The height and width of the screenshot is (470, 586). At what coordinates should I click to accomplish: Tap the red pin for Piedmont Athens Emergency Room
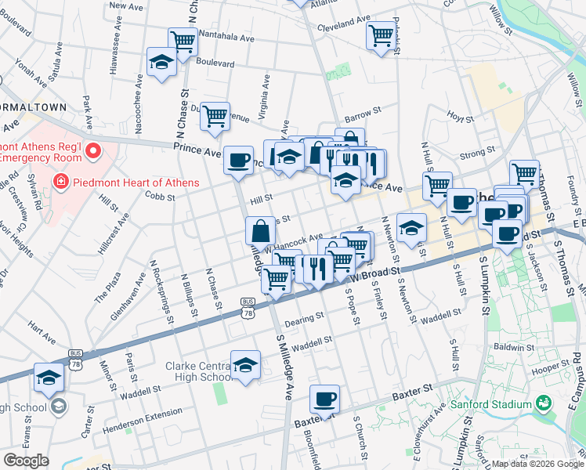click(x=93, y=150)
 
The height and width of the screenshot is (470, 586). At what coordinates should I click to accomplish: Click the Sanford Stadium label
click(x=490, y=405)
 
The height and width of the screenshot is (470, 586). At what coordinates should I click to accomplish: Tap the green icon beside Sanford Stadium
click(x=543, y=404)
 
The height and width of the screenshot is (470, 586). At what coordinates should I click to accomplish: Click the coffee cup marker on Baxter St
click(x=324, y=399)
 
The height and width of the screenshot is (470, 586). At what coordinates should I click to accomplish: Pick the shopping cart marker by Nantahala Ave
click(x=183, y=41)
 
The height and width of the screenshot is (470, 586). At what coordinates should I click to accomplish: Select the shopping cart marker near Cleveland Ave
click(x=381, y=35)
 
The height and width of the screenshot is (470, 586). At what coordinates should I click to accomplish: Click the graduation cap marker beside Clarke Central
click(x=246, y=364)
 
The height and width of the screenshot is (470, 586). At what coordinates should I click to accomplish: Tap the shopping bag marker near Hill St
click(x=260, y=231)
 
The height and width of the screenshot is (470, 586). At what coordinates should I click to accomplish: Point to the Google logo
click(x=26, y=461)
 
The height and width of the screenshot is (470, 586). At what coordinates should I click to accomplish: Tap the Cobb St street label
click(x=160, y=197)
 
